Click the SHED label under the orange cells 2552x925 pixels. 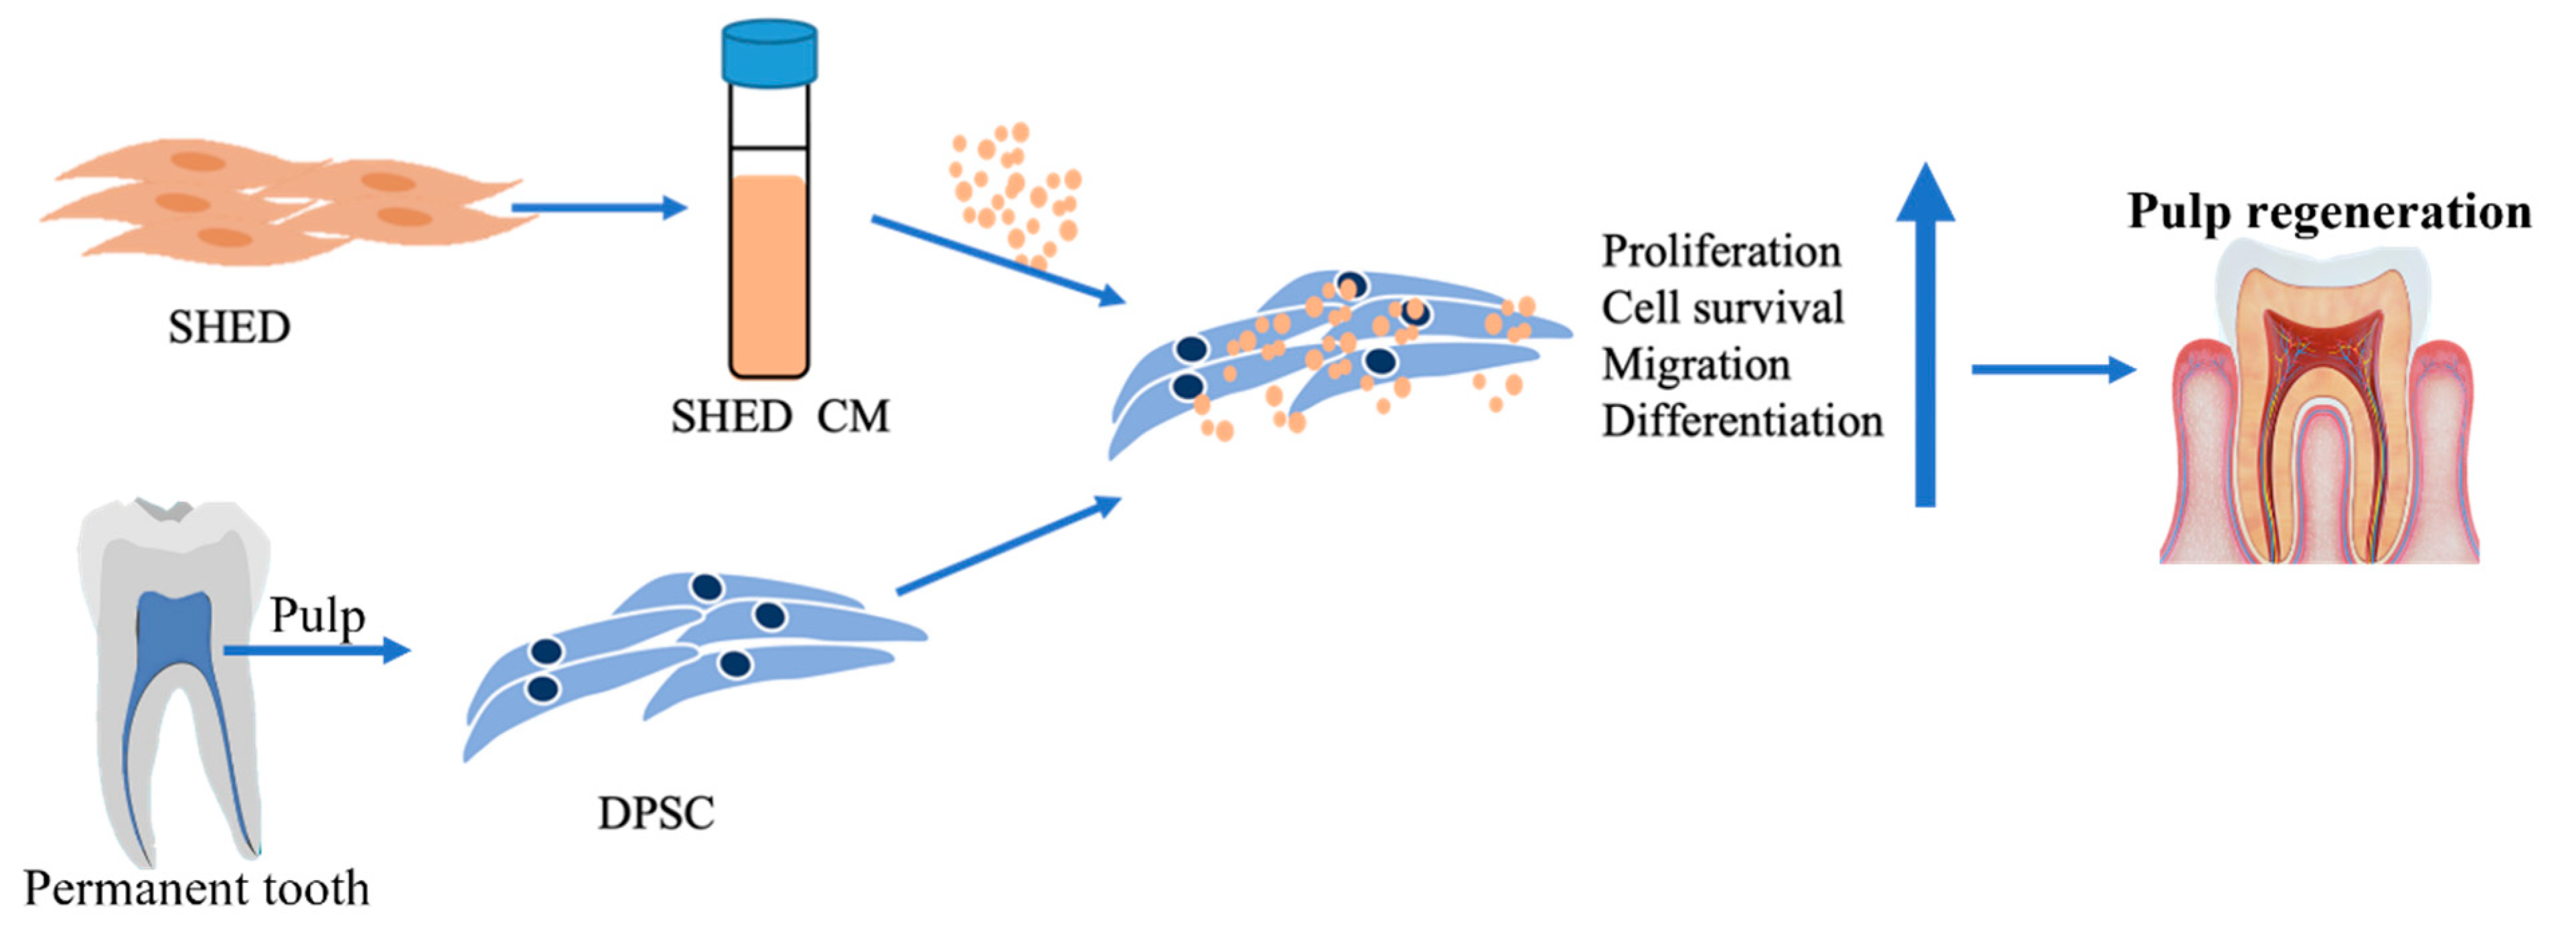229,327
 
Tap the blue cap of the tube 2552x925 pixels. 769,52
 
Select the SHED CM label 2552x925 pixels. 779,416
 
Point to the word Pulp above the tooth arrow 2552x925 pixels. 317,615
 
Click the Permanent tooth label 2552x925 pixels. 196,888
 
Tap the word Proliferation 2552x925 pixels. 1721,252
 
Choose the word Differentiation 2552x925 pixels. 1742,421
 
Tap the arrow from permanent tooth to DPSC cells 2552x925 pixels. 315,651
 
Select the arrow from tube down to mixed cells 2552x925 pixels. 996,260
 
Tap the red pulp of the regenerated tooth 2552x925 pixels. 2318,357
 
